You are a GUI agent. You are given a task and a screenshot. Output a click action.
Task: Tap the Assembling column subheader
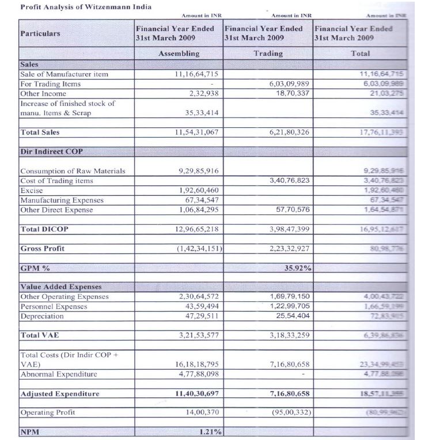click(x=179, y=53)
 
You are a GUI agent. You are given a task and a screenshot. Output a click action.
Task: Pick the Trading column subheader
click(x=268, y=53)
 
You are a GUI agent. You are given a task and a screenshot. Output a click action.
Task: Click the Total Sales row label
click(x=40, y=132)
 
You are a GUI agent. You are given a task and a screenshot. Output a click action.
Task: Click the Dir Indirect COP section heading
click(x=51, y=151)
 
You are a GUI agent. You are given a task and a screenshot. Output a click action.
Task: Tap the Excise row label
click(x=31, y=190)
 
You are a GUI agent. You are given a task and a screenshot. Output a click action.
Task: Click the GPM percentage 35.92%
click(x=298, y=268)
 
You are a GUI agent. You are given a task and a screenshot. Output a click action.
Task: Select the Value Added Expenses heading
click(x=60, y=287)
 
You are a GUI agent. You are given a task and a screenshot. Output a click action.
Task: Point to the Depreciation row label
click(x=42, y=316)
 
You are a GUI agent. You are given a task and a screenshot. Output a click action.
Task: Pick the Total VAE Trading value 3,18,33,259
click(x=290, y=335)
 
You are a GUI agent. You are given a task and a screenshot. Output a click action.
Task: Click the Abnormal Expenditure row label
click(x=58, y=374)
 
